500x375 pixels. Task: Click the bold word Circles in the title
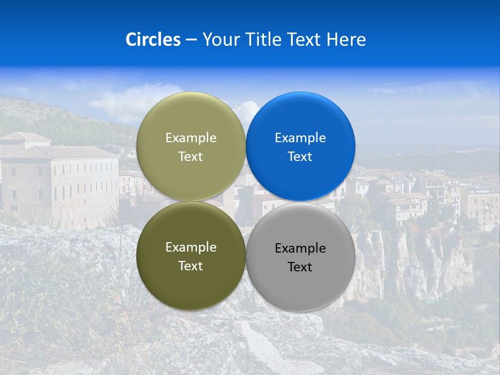pos(153,40)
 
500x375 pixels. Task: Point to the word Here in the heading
pos(346,40)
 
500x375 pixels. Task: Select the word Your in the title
pos(221,40)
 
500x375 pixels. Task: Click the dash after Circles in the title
pos(191,40)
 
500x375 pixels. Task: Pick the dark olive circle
pos(191,281)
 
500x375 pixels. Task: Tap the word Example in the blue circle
pos(300,138)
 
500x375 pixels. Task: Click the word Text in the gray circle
pos(300,267)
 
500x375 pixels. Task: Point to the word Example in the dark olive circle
pos(191,247)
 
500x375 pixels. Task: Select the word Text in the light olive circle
pos(191,156)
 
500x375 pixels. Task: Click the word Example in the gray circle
pos(300,248)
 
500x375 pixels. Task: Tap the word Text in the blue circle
pos(300,156)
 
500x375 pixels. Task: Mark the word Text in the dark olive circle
pos(191,266)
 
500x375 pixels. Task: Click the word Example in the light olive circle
pos(191,138)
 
